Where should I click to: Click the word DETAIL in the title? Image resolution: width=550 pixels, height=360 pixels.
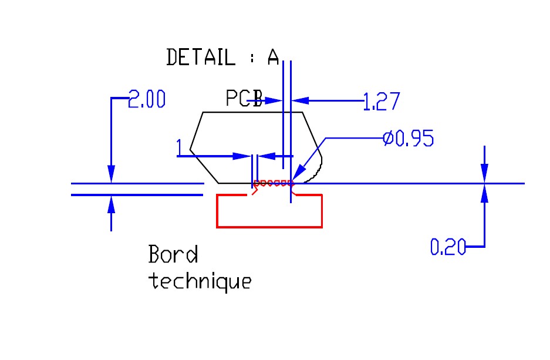point(200,57)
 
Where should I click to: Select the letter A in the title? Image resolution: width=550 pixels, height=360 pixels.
point(274,57)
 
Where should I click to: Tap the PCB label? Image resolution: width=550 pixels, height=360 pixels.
point(244,98)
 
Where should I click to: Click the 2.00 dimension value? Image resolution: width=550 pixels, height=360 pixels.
point(147,99)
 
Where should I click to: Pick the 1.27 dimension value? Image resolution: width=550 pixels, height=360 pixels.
point(382,102)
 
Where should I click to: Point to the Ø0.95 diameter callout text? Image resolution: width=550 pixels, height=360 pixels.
point(409,138)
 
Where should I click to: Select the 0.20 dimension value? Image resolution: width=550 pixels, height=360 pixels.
point(448,247)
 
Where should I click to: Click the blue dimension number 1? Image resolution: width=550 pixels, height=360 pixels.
point(179,147)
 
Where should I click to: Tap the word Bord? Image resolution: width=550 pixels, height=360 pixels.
point(173,254)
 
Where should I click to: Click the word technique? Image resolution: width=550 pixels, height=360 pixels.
point(200,281)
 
